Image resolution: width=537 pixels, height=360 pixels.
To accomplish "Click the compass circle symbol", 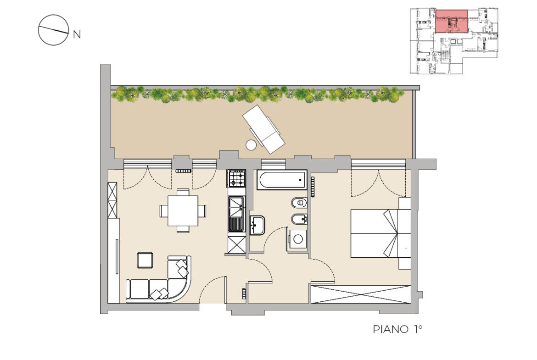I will tap(53, 30).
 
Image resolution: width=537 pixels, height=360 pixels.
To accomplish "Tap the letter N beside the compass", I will tap(77, 34).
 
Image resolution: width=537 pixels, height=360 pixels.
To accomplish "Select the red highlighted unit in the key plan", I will tap(452, 22).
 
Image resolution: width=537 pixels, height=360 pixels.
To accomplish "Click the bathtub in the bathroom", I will tap(282, 180).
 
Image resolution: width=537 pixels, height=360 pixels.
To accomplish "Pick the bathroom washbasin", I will tap(257, 225).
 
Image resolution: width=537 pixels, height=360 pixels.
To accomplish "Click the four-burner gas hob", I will tap(237, 178).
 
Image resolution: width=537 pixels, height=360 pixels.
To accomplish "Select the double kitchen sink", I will tap(237, 213).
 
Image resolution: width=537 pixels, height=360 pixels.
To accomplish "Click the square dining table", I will tap(183, 210).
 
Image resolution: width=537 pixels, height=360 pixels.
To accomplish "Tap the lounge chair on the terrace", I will tap(263, 128).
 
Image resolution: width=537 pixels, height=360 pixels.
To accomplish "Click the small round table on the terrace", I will tap(251, 144).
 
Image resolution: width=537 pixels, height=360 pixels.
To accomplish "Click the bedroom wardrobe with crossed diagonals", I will tap(360, 294).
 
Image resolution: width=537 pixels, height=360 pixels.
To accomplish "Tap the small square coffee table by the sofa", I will tap(145, 260).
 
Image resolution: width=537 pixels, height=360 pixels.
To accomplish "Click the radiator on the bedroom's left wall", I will tap(313, 187).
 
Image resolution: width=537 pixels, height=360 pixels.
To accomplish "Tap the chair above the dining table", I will tap(183, 192).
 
